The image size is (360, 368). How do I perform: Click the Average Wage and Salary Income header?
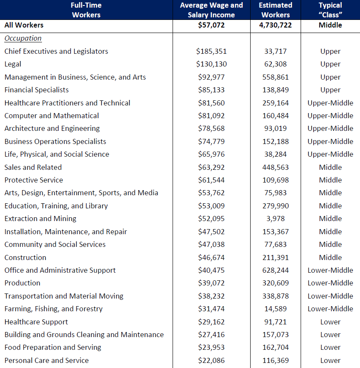tap(211, 10)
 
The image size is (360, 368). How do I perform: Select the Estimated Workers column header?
tap(276, 10)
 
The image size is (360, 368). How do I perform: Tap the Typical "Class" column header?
tap(330, 10)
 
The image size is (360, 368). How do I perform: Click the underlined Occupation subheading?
tap(23, 38)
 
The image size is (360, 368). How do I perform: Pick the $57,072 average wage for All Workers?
tap(211, 25)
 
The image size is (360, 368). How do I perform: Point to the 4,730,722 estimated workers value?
tap(276, 25)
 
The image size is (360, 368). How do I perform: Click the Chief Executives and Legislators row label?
tap(56, 51)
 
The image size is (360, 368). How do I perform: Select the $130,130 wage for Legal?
tap(211, 64)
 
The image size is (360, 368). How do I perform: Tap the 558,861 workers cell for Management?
tap(276, 77)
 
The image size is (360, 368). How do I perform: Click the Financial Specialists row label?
tap(36, 90)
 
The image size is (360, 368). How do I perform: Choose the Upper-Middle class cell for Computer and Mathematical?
tap(330, 116)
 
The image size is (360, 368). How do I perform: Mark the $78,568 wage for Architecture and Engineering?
tap(211, 128)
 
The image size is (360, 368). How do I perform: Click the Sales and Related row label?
tap(33, 167)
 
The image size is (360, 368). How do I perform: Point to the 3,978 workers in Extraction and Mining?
tap(276, 219)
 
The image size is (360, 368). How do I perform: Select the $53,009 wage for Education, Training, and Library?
tap(211, 206)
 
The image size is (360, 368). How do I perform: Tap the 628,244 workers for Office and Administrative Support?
tap(276, 270)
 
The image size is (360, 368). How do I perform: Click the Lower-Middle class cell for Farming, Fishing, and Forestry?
tap(330, 309)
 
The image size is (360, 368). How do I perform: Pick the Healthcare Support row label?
tap(36, 322)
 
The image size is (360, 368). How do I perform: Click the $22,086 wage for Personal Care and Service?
tap(211, 360)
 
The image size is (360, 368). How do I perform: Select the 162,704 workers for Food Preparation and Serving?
tap(276, 347)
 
